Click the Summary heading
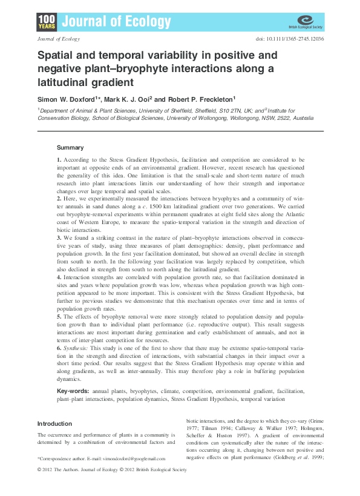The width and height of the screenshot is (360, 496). coord(70,148)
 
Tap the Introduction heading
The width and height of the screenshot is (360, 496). coord(54,423)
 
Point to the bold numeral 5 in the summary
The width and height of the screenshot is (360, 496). coord(59,316)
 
